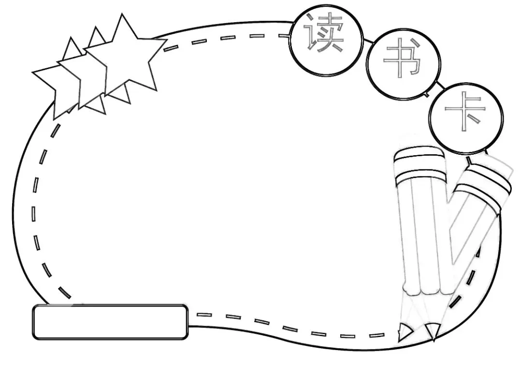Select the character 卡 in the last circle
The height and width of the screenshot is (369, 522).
[465, 114]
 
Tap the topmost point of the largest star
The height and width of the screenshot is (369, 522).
[124, 15]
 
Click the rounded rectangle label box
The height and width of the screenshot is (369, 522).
[110, 322]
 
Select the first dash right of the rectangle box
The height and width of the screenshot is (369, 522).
[204, 314]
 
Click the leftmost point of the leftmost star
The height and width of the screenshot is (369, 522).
[33, 74]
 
